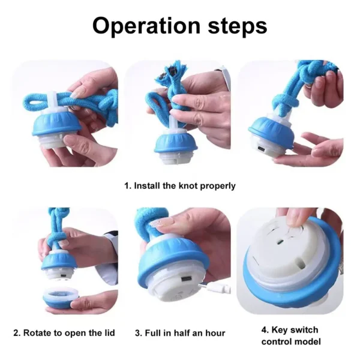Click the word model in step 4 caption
point(308,342)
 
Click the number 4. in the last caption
point(265,330)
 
